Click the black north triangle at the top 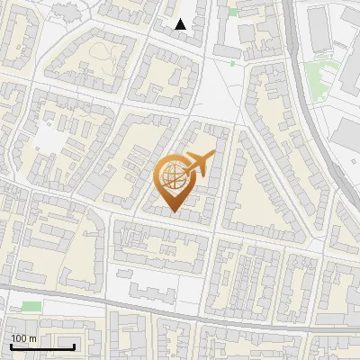[181, 24]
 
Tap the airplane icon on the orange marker [200, 164]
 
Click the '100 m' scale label [24, 338]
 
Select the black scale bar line [42, 346]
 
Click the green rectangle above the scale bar [31, 307]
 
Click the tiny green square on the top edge [233, 12]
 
